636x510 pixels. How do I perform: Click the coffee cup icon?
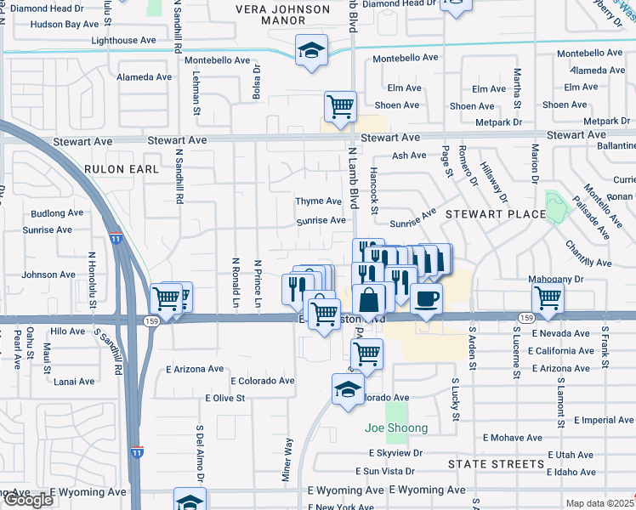point(427,298)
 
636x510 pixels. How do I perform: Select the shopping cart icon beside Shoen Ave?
point(340,107)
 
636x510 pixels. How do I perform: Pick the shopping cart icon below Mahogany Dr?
point(548,298)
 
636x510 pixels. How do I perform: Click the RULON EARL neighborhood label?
point(121,169)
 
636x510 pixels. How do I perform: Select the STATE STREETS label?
point(496,464)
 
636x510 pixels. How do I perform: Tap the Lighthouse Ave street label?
point(123,40)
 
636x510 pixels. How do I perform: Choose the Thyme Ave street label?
point(318,201)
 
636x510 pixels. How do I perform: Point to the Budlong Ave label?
point(56,214)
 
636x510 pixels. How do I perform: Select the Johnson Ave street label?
point(48,275)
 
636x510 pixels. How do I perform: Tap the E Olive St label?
point(225,397)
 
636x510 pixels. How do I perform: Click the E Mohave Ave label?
point(513,438)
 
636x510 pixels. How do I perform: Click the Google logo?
point(28,499)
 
